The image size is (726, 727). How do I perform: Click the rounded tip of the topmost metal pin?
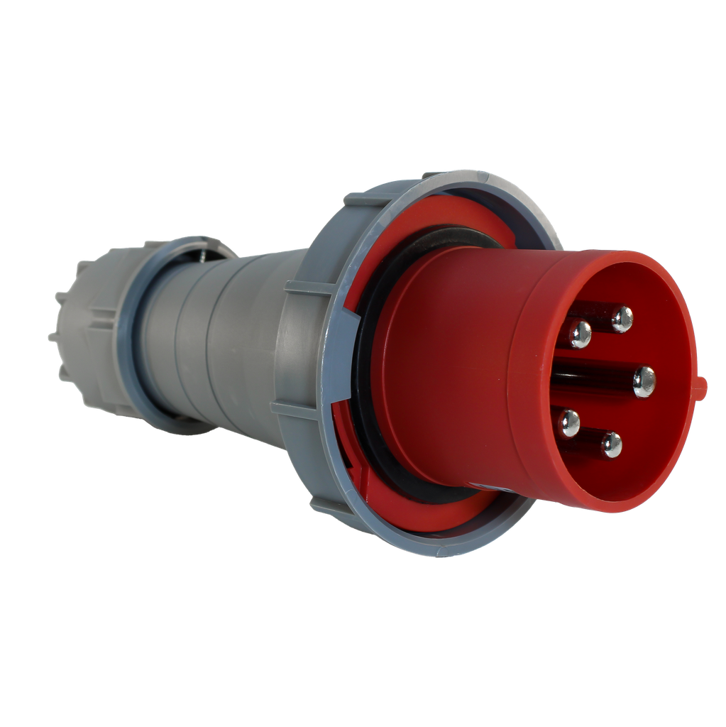point(622,319)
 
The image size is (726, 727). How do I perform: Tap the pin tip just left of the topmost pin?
point(580,334)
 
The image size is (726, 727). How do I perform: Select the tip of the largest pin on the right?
point(644,381)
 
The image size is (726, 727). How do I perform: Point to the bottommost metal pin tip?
point(611,445)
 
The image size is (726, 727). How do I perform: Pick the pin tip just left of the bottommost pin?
point(568,424)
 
